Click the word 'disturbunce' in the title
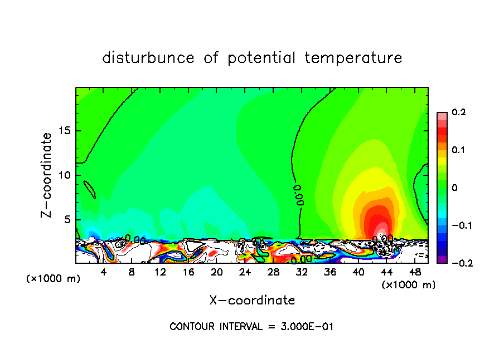(x=148, y=58)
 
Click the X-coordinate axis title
(x=252, y=301)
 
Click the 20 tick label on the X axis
(x=217, y=272)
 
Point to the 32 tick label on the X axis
(x=302, y=272)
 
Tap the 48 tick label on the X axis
(x=415, y=272)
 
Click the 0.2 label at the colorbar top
(x=458, y=112)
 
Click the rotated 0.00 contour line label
(x=299, y=195)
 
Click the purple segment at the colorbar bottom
(x=442, y=259)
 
